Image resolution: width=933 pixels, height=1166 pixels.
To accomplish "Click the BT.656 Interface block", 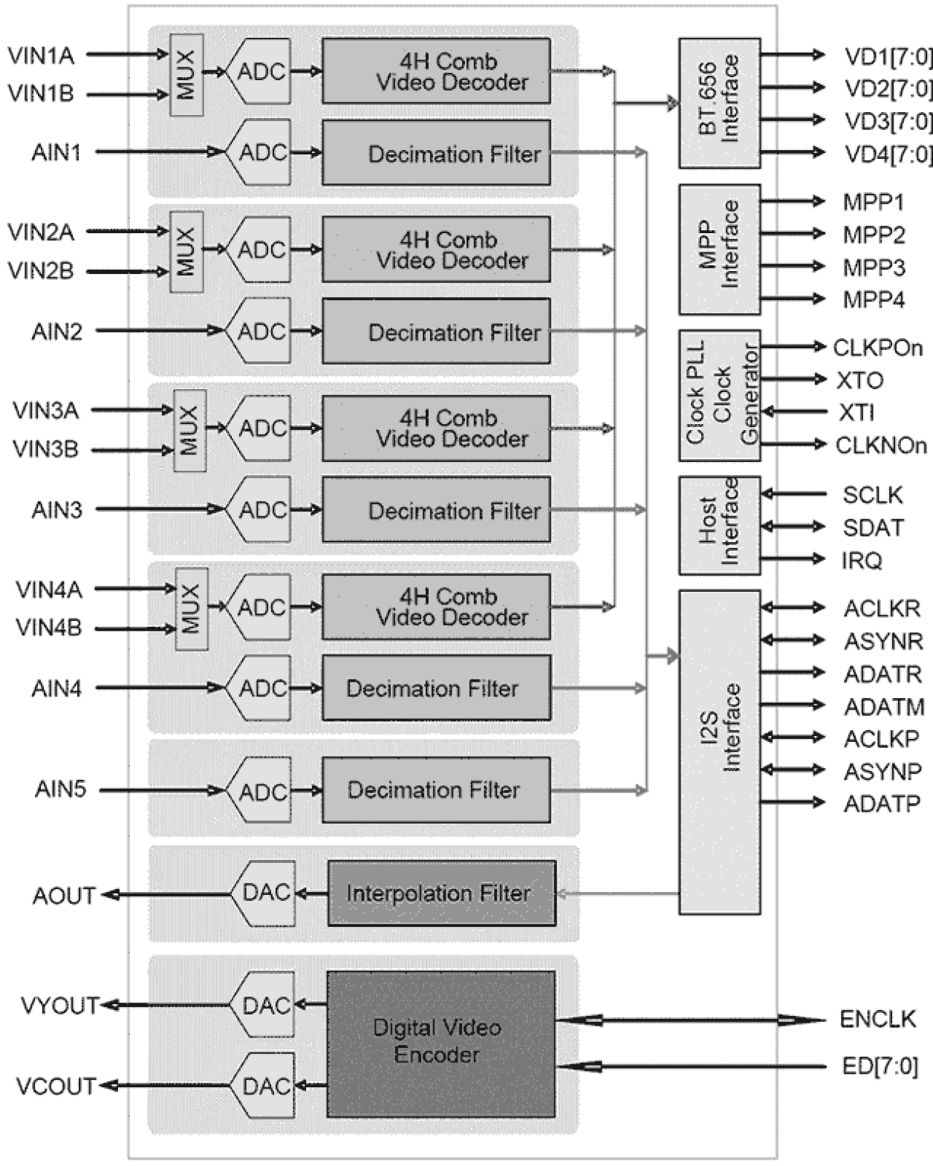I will pos(719,102).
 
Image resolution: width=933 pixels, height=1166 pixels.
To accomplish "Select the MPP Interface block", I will pos(719,249).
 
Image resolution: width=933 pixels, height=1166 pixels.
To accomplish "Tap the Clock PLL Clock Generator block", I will pos(719,395).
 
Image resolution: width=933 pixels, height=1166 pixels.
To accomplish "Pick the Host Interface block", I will pos(719,524).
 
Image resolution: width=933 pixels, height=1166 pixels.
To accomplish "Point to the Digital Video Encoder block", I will pos(441,1043).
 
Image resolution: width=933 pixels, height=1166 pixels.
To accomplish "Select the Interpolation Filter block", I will pos(441,893).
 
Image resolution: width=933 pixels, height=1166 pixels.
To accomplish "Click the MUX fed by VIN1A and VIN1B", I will pos(186,74).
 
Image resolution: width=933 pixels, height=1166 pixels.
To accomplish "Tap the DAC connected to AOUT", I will pos(264,893).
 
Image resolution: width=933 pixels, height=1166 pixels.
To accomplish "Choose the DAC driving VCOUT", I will pos(264,1086).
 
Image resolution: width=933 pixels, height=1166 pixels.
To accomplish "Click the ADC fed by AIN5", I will pos(260,791).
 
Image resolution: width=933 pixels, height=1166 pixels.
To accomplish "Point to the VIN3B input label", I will pos(45,449).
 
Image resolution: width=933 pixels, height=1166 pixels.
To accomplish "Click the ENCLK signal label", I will pos(877,1019).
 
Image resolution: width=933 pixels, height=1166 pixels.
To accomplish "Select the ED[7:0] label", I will pos(879,1066).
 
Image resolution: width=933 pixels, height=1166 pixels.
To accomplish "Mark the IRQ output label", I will pos(862,560).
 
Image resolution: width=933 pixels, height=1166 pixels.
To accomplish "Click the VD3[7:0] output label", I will pos(888,121).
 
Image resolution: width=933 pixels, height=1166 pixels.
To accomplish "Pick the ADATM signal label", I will pos(883,706).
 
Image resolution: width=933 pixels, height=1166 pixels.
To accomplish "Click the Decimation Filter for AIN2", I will pos(436,331).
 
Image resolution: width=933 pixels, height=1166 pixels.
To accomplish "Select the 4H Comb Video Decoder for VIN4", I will pos(436,607).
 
